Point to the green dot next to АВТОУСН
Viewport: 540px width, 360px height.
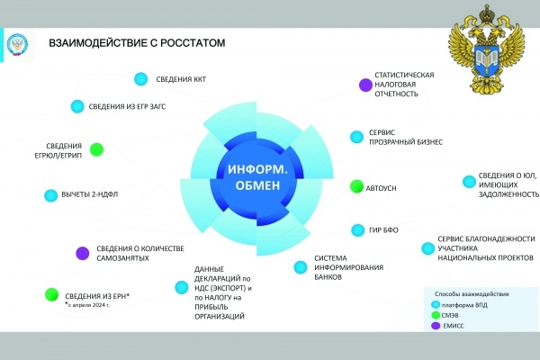(356, 187)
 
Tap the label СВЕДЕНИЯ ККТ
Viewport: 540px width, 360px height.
(181, 79)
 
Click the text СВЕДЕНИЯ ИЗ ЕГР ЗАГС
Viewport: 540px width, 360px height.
(127, 106)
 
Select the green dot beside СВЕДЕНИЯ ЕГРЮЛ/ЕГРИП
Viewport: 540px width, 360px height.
(96, 149)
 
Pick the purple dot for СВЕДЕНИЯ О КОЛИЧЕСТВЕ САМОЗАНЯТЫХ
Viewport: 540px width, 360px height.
(82, 253)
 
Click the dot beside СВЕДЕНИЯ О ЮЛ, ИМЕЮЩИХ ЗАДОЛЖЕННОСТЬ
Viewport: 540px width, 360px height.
(468, 181)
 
